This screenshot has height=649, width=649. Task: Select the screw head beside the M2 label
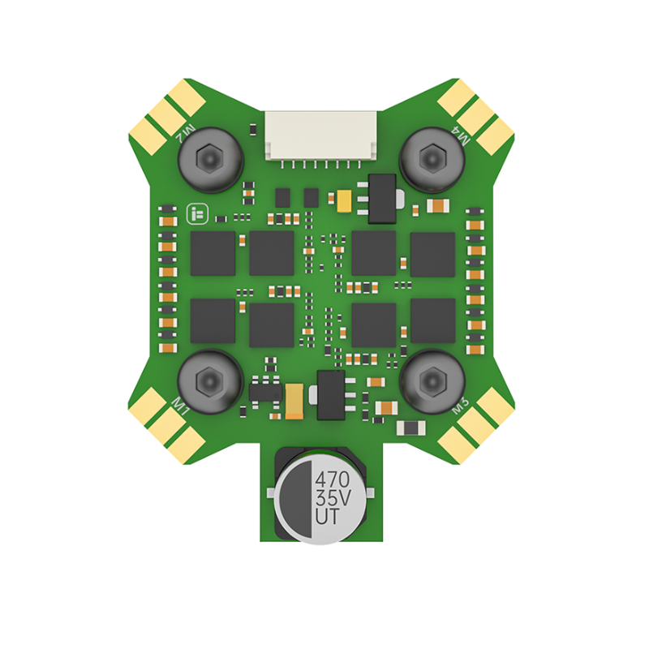pos(209,157)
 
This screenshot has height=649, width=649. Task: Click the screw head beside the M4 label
pos(432,156)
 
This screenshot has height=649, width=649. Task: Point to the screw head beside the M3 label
pos(432,380)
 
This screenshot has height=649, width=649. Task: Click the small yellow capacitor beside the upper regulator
pos(342,199)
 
